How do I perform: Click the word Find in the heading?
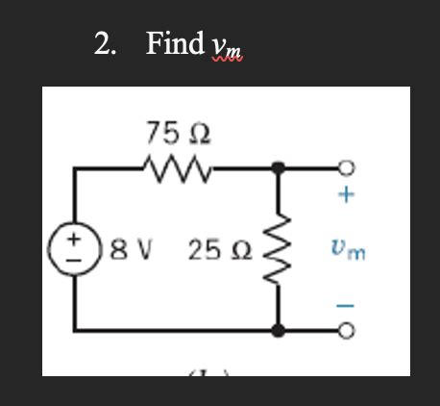(x=175, y=43)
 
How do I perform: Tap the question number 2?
(x=104, y=43)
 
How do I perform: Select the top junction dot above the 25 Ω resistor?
(x=280, y=167)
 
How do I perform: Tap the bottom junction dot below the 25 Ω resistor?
(x=280, y=331)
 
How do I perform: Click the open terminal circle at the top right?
(x=347, y=167)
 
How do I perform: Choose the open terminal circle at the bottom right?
(x=347, y=332)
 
